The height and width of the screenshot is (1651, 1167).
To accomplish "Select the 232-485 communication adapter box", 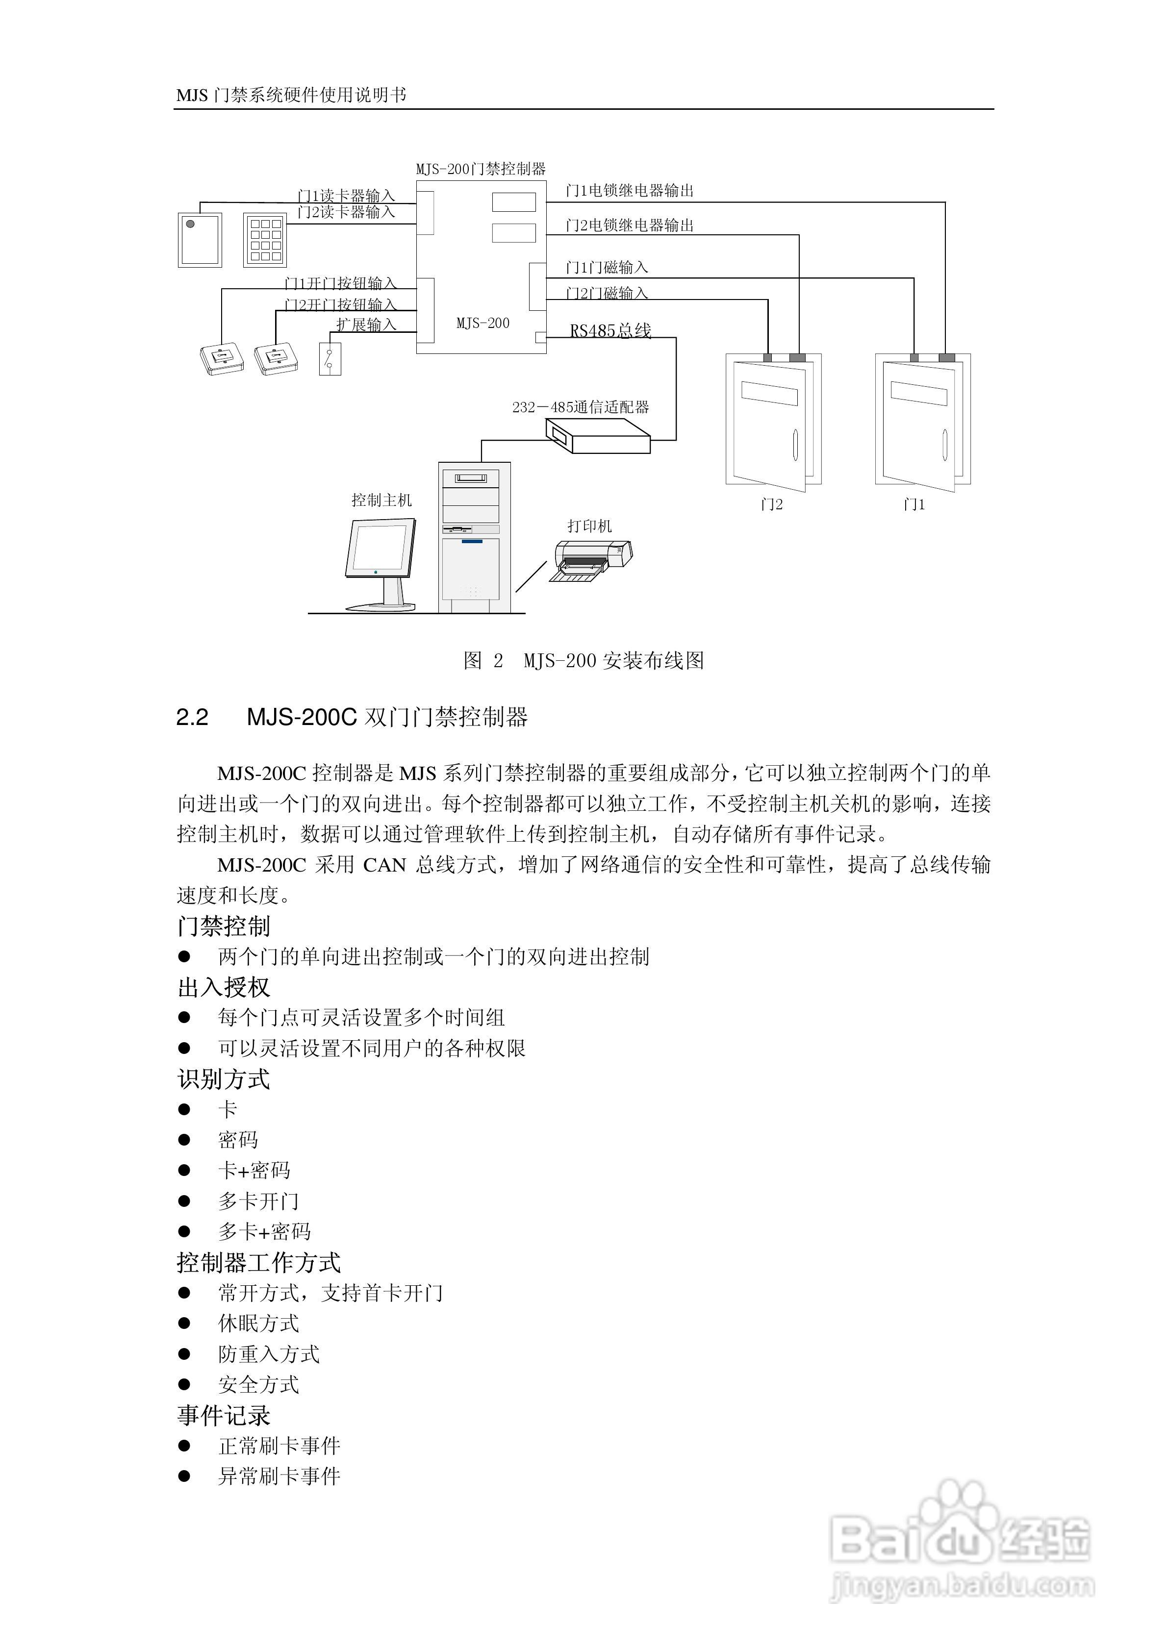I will tap(597, 436).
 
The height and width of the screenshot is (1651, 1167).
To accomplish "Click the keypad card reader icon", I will tap(265, 239).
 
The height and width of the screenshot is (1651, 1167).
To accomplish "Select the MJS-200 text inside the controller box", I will tap(483, 324).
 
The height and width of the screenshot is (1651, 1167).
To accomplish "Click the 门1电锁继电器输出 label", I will tap(630, 191).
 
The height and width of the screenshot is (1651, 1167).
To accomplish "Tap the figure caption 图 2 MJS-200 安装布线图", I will tap(583, 660).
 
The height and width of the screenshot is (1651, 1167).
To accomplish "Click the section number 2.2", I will tap(192, 717).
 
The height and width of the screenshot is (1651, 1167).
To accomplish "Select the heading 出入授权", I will tap(224, 987).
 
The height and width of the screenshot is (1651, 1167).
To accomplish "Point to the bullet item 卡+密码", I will tap(254, 1171).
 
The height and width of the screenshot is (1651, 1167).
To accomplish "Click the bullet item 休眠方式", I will tap(258, 1323).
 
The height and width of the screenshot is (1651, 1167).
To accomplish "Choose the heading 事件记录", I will tap(224, 1416).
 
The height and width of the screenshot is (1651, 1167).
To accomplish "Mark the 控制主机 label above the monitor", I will tap(381, 500).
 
